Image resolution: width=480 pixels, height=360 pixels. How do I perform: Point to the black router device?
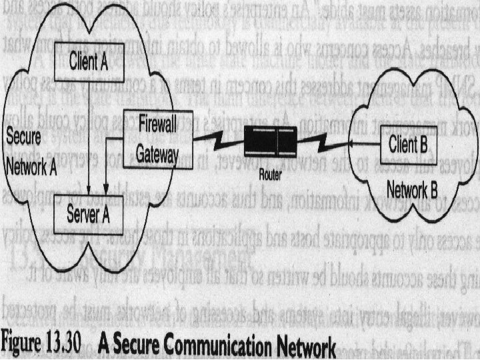[268, 143]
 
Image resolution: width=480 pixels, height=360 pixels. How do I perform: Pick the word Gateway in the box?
[158, 153]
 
